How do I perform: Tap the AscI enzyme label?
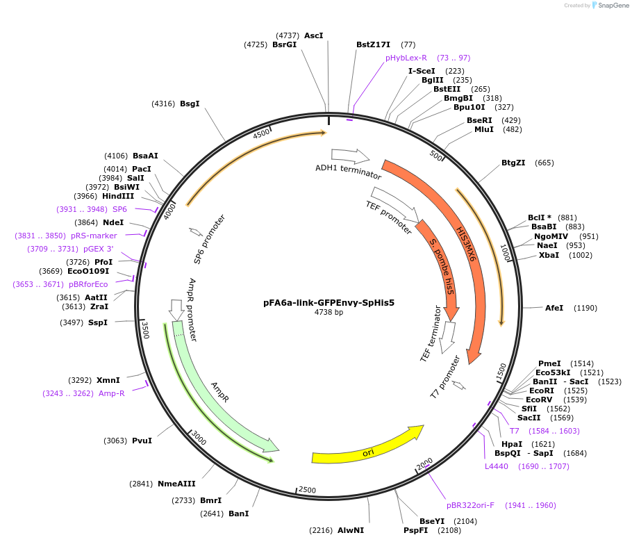point(313,35)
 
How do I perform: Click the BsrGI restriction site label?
point(284,44)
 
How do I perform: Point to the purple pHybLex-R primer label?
point(406,58)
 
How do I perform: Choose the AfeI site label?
point(554,308)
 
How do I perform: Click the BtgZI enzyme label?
point(513,163)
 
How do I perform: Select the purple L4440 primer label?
point(497,466)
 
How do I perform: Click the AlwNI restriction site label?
point(351,530)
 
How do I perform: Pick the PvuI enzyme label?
point(142,441)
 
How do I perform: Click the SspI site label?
point(98,322)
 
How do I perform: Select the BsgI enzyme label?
point(190,104)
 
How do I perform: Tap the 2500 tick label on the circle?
point(307,491)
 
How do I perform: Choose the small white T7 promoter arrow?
point(458,384)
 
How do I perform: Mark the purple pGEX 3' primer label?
point(98,249)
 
